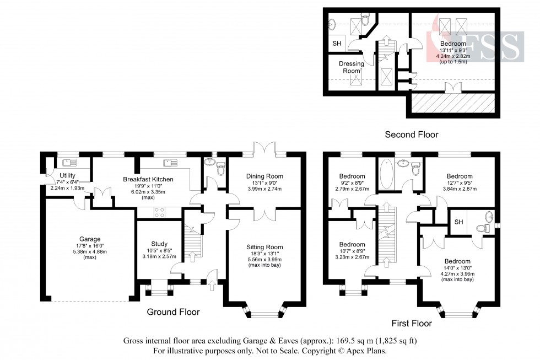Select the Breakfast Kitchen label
coord(148,180)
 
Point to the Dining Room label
coord(265,176)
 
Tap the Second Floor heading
coord(411,135)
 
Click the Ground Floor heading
coord(173,312)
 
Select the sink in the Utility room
coord(70,162)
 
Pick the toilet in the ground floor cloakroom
coord(220,170)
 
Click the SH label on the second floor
coord(336,44)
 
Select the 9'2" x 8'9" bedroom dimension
coord(352,184)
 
